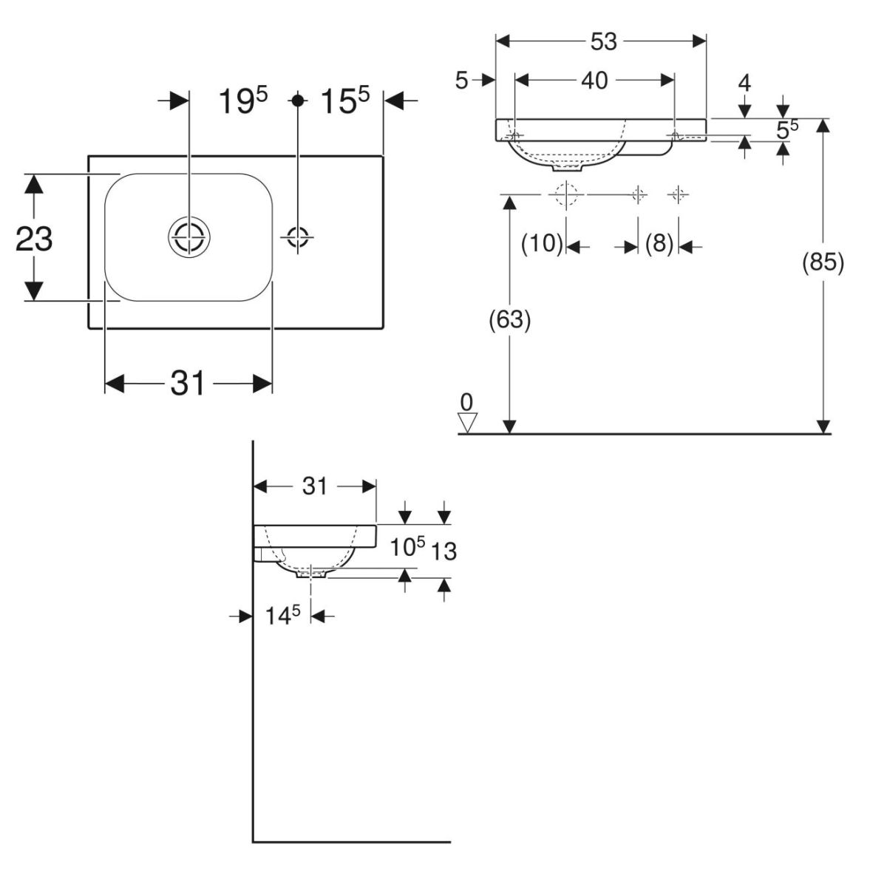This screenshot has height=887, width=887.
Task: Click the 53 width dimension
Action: [603, 42]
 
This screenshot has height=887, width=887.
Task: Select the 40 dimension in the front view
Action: [594, 80]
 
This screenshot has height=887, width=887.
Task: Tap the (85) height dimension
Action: [823, 262]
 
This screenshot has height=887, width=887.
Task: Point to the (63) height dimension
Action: [510, 319]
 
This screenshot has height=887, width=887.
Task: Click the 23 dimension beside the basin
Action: [34, 239]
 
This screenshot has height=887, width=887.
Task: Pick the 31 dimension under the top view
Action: [188, 384]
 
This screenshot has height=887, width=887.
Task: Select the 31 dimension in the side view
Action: [314, 486]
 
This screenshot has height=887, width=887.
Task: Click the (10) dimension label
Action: [543, 243]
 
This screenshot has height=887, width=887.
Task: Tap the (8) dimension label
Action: [659, 243]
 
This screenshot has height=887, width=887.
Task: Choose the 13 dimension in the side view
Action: [445, 550]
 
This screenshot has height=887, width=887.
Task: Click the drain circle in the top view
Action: [189, 237]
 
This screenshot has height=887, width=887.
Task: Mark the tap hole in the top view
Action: [298, 237]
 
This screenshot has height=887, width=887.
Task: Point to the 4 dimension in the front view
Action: [744, 83]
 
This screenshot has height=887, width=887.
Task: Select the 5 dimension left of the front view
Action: [462, 81]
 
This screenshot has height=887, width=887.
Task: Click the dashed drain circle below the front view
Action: [565, 194]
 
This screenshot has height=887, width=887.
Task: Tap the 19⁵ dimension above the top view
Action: [242, 101]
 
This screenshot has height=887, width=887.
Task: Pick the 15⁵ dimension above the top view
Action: [344, 101]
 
